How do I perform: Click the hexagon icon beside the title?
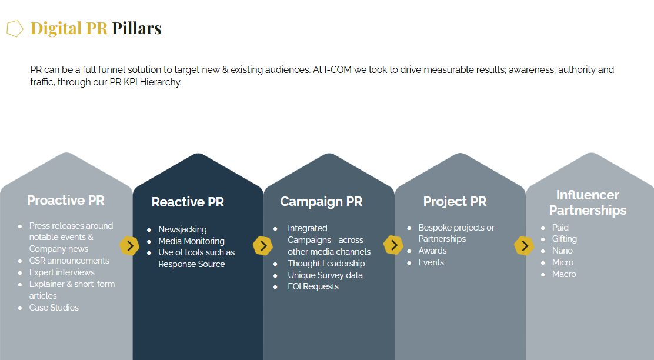pyautogui.click(x=15, y=29)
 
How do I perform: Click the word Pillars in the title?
pyautogui.click(x=136, y=28)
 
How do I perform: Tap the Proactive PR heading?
pyautogui.click(x=66, y=200)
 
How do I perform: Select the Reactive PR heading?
pyautogui.click(x=188, y=202)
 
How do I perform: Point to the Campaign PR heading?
pyautogui.click(x=321, y=202)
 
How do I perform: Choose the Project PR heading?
pyautogui.click(x=455, y=202)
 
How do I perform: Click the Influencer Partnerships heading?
pyautogui.click(x=588, y=202)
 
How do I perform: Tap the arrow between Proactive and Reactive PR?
pyautogui.click(x=130, y=245)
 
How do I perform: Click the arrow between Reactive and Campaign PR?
pyautogui.click(x=263, y=246)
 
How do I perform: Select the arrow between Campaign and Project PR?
pyautogui.click(x=393, y=245)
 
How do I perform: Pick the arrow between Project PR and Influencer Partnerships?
pyautogui.click(x=524, y=246)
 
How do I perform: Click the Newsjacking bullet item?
pyautogui.click(x=182, y=229)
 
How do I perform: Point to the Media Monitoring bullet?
pyautogui.click(x=191, y=241)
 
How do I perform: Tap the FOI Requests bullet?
pyautogui.click(x=313, y=286)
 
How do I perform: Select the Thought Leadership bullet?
pyautogui.click(x=326, y=264)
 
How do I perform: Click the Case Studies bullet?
pyautogui.click(x=54, y=308)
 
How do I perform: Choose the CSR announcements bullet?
pyautogui.click(x=69, y=261)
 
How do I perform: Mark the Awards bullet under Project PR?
pyautogui.click(x=432, y=251)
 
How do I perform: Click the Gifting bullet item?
pyautogui.click(x=565, y=239)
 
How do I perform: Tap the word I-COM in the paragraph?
pyautogui.click(x=338, y=69)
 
